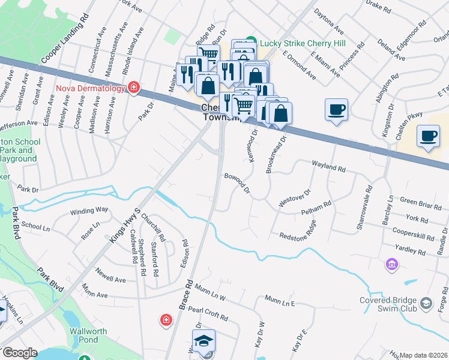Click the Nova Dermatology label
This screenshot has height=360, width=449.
pos(90,89)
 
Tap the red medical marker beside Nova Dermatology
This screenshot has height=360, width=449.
pos(133,89)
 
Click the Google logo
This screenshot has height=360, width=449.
pos(19,353)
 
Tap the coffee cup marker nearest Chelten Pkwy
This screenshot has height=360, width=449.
pos(428,136)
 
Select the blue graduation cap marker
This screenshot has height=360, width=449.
pos(205,340)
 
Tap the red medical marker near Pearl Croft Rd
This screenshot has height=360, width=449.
pos(165,321)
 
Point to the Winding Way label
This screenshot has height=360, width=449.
pos(89,210)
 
